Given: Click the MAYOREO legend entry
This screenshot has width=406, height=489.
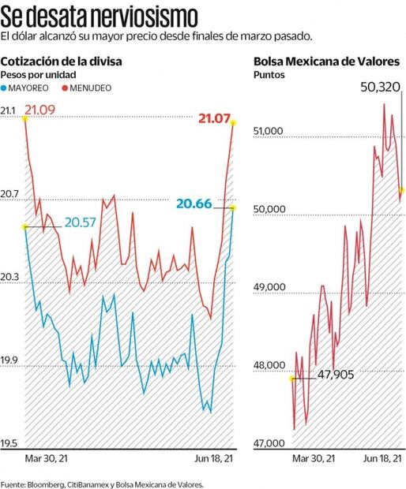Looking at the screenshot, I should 32,87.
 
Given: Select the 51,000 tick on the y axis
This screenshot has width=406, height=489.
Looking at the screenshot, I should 268,131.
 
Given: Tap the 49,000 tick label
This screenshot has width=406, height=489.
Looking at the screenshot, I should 268,287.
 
